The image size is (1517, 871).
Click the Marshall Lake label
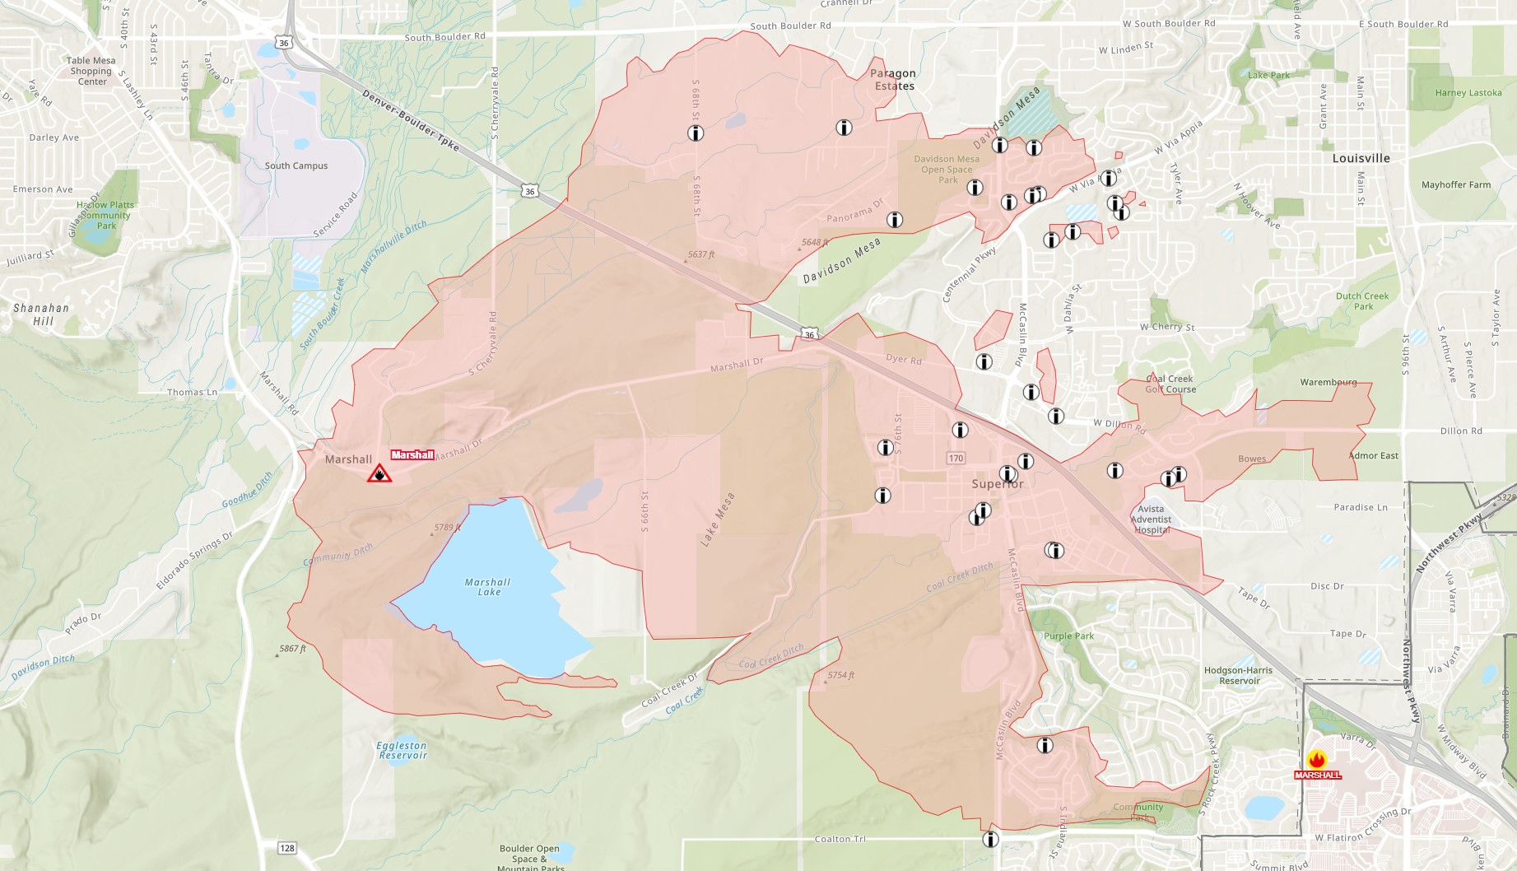[x=487, y=587]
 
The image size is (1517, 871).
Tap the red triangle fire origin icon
[x=379, y=473]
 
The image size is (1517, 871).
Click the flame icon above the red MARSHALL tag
[x=1316, y=760]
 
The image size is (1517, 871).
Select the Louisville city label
[x=1361, y=158]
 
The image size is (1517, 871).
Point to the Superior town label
[x=998, y=484]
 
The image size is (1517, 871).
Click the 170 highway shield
[x=956, y=459]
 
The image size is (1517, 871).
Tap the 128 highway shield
[x=286, y=848]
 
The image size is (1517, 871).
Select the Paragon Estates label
[x=894, y=80]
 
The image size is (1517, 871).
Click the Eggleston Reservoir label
[x=403, y=750]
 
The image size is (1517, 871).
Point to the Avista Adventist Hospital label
[x=1151, y=519]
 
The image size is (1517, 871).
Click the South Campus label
[x=296, y=165]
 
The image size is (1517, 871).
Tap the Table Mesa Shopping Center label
[x=91, y=71]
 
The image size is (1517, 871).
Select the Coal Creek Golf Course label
[x=1170, y=384]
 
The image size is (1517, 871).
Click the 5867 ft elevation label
[x=292, y=649]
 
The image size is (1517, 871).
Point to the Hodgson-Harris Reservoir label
[x=1238, y=675]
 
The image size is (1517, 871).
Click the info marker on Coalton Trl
[x=990, y=839]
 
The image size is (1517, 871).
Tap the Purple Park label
[x=1068, y=636]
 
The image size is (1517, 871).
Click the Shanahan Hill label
[x=41, y=314]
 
